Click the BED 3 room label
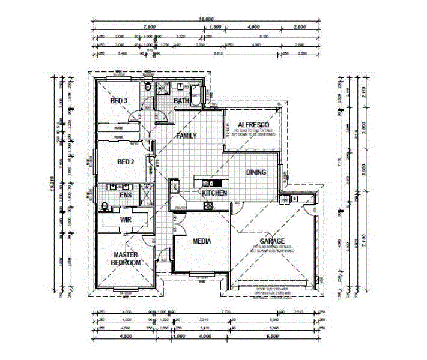tap(118, 101)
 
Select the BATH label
tap(181, 101)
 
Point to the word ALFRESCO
tap(252, 124)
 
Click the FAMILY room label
tap(186, 136)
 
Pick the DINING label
tap(256, 172)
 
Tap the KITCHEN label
tap(214, 193)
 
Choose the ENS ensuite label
tap(125, 195)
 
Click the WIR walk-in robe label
tap(126, 220)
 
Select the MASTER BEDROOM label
tap(127, 259)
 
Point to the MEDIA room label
tap(201, 241)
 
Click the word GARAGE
tap(273, 241)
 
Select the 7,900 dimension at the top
tap(150, 27)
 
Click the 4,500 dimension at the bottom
tap(126, 337)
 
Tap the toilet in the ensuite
tap(105, 208)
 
